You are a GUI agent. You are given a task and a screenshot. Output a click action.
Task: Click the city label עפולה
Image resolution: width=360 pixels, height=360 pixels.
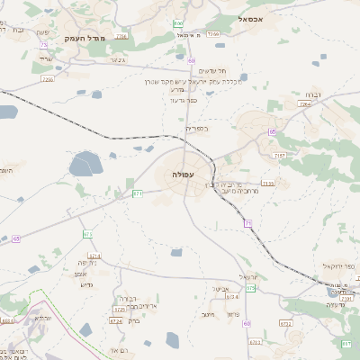[x=185, y=174]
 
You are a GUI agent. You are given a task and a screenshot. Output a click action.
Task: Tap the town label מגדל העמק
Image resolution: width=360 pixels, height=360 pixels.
[x=85, y=40]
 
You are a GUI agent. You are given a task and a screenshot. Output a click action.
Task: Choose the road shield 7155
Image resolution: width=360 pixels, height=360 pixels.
[x=267, y=184]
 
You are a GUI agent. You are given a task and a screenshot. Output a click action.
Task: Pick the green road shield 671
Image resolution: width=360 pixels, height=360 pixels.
[x=138, y=193]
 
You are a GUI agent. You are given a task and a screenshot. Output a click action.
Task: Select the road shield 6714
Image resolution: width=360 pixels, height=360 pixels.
[x=94, y=255]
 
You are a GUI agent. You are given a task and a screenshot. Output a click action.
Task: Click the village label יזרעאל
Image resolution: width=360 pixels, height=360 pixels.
[x=248, y=277]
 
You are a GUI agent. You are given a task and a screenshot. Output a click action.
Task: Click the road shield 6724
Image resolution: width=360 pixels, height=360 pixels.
[x=115, y=320]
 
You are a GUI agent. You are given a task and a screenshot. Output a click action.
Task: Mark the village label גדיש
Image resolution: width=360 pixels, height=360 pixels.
[x=99, y=284]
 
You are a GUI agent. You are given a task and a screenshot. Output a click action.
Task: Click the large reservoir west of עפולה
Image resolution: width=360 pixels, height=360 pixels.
[x=86, y=164]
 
